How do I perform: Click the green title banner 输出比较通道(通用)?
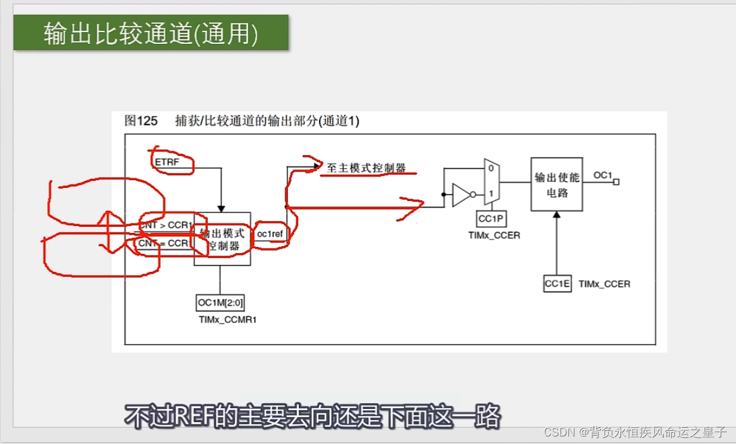pyautogui.click(x=151, y=33)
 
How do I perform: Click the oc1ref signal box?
pyautogui.click(x=271, y=234)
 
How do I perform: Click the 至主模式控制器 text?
pyautogui.click(x=366, y=168)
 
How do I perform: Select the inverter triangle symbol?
pyautogui.click(x=461, y=195)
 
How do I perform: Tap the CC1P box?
pyautogui.click(x=492, y=219)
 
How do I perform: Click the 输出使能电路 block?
pyautogui.click(x=556, y=184)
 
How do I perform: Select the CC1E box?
pyautogui.click(x=557, y=284)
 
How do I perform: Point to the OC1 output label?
pyautogui.click(x=602, y=175)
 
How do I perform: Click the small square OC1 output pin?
pyautogui.click(x=617, y=182)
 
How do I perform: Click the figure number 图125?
pyautogui.click(x=141, y=121)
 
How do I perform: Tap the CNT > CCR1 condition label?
pyautogui.click(x=165, y=225)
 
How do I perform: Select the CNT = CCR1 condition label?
pyautogui.click(x=164, y=243)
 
